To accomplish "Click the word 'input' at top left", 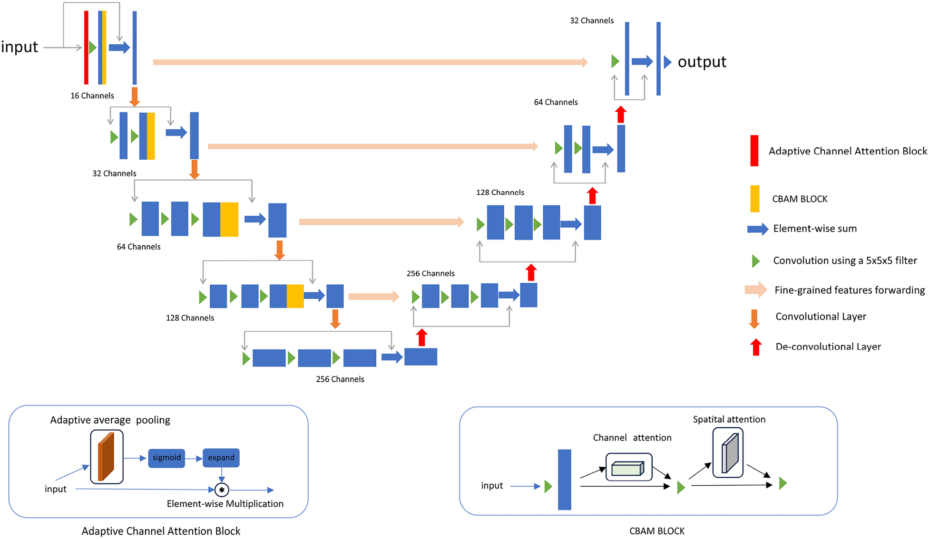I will [20, 47].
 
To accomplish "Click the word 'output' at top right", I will [702, 62].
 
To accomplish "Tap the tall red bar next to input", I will [86, 48].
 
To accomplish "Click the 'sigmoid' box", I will [166, 458].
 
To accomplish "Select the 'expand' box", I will [221, 458].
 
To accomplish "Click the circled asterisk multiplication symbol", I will [222, 490].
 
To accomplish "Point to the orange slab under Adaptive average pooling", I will [106, 457].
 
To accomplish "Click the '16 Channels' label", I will [92, 96].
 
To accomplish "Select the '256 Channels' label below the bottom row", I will [340, 379].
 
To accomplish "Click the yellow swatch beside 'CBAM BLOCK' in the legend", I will [754, 199].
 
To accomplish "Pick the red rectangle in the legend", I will [754, 151].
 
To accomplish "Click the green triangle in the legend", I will [755, 261].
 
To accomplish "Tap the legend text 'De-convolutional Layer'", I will [828, 347].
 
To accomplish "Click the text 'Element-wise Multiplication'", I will [225, 504].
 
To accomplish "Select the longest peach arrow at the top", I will [370, 62].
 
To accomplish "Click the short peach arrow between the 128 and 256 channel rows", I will [373, 297].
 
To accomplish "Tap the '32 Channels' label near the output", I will [591, 21].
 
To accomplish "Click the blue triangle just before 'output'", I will [667, 62].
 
